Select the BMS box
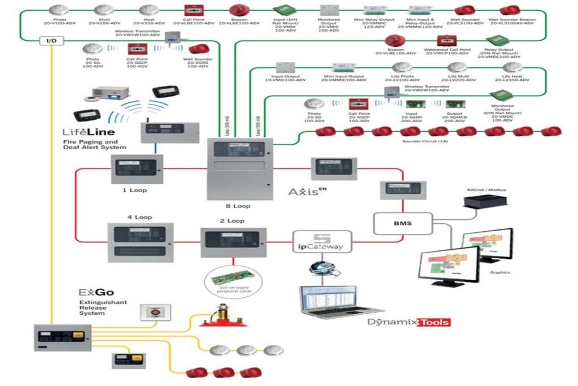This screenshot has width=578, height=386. [x=402, y=223]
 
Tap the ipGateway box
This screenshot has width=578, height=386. [x=321, y=241]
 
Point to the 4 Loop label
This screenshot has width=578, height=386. [x=139, y=216]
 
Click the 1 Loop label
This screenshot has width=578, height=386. [x=134, y=190]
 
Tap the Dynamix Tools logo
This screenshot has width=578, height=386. [x=409, y=322]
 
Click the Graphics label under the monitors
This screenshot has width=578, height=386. [x=500, y=272]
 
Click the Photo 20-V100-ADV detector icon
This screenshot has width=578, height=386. [x=59, y=10]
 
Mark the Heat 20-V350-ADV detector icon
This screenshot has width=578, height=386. [x=148, y=10]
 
